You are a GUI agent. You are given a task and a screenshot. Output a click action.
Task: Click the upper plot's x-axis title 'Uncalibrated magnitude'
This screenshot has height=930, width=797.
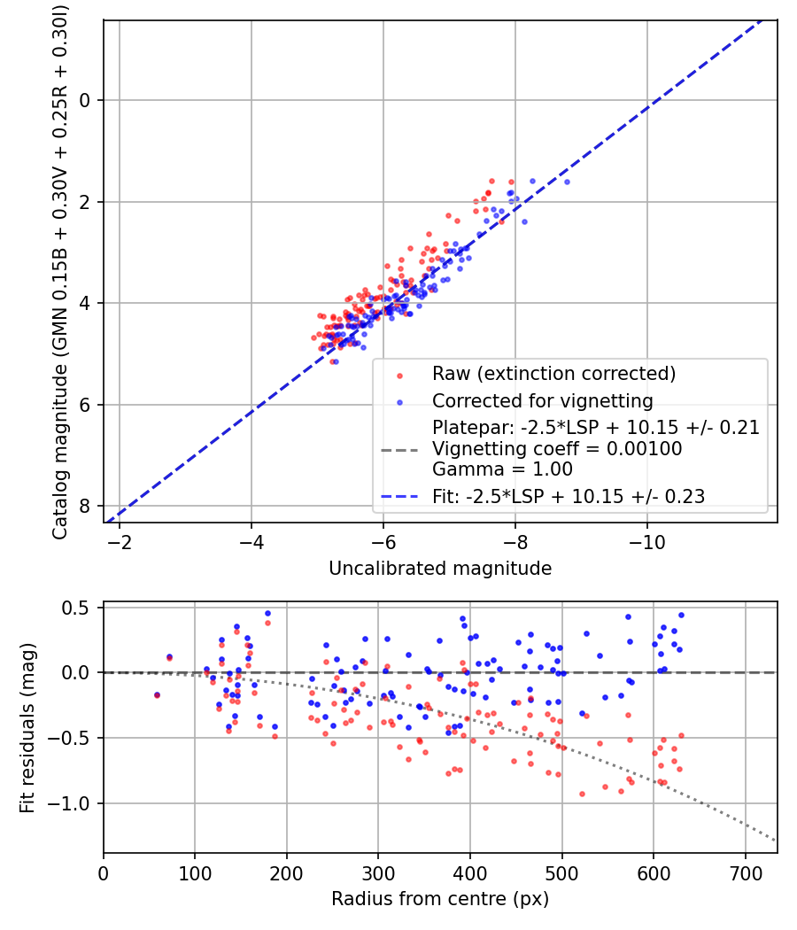(x=440, y=569)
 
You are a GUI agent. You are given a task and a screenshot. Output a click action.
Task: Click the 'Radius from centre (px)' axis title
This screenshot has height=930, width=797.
(x=440, y=899)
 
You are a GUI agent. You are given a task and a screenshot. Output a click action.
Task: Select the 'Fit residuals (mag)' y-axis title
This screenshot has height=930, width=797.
(x=27, y=728)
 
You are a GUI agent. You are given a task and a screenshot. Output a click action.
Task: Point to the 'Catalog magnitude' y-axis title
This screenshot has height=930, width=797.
(x=60, y=270)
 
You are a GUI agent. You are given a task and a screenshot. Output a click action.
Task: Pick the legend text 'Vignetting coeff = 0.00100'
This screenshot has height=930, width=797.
(x=557, y=449)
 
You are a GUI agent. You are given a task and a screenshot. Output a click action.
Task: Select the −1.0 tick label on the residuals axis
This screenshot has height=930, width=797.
(x=76, y=803)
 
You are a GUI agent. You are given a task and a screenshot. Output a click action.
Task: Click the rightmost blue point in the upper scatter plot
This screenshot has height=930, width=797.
(x=567, y=182)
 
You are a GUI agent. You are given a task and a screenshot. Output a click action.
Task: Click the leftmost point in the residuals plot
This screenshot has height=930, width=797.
(x=157, y=695)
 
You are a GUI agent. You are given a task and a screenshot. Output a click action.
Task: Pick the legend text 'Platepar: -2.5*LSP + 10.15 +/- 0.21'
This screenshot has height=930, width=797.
(x=595, y=428)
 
